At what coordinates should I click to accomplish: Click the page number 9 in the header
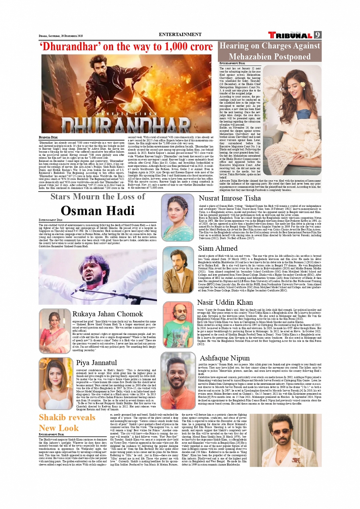pyautogui.click(x=318, y=35)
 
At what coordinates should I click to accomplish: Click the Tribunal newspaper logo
pyautogui.click(x=291, y=35)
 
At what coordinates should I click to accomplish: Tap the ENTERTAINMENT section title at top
pyautogui.click(x=180, y=34)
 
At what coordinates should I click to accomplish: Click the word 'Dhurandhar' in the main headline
pyautogui.click(x=69, y=47)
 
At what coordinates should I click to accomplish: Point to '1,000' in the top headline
pyautogui.click(x=173, y=47)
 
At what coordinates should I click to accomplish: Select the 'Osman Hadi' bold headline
pyautogui.click(x=98, y=211)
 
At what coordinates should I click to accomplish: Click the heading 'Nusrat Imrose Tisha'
pyautogui.click(x=230, y=198)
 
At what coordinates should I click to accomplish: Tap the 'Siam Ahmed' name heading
pyautogui.click(x=218, y=248)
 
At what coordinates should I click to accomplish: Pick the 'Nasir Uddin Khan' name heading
pyautogui.click(x=225, y=302)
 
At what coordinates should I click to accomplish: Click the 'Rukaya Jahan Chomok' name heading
pyautogui.click(x=107, y=314)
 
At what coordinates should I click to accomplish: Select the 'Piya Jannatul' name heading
pyautogui.click(x=96, y=363)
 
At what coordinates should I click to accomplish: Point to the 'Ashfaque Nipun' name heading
pyautogui.click(x=224, y=358)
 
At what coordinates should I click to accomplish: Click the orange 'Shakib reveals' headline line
pyautogui.click(x=67, y=418)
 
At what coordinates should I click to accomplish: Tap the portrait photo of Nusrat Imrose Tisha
pyautogui.click(x=178, y=218)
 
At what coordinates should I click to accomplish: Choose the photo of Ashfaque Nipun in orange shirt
pyautogui.click(x=178, y=381)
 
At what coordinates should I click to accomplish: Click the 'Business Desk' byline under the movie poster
pyautogui.click(x=48, y=137)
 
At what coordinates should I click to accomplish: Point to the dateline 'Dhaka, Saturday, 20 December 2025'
pyautogui.click(x=61, y=36)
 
